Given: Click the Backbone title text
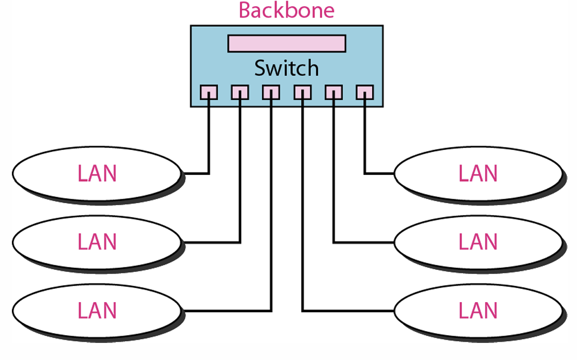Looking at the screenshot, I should click(286, 10).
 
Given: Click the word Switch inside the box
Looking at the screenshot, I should click(286, 68).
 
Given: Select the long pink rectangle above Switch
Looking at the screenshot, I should click(286, 43).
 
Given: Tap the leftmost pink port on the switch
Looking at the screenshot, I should click(209, 93).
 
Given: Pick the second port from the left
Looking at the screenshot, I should click(240, 93).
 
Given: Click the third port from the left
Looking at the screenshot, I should click(271, 93).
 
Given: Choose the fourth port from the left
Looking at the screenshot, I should click(302, 93).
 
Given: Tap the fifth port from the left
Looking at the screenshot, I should click(333, 93).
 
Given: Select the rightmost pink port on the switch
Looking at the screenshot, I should click(365, 93).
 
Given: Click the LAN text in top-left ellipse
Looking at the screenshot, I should click(97, 174).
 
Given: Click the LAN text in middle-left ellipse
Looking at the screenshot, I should click(97, 242).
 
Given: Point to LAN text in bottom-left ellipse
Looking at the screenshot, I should click(97, 311).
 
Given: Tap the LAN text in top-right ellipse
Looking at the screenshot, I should click(478, 174).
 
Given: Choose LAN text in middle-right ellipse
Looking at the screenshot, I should click(478, 242).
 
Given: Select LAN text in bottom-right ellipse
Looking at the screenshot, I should click(478, 311).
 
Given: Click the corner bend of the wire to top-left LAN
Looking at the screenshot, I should click(208, 173).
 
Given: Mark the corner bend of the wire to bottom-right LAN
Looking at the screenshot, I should click(302, 310).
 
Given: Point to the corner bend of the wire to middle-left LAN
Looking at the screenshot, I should click(240, 242).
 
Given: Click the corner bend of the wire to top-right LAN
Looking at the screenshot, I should click(365, 173).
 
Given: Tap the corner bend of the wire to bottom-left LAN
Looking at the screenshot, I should click(271, 310).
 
